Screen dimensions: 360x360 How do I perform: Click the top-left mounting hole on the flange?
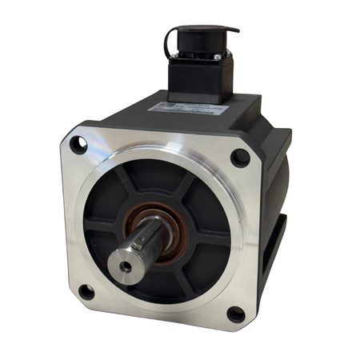pyautogui.click(x=78, y=146)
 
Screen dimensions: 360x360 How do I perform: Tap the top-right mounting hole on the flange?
pyautogui.click(x=239, y=157)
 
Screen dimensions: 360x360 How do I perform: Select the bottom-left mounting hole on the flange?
pyautogui.click(x=86, y=291)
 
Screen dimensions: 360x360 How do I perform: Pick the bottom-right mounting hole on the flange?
pyautogui.click(x=235, y=314)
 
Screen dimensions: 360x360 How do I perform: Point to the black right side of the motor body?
pyautogui.click(x=276, y=200)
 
